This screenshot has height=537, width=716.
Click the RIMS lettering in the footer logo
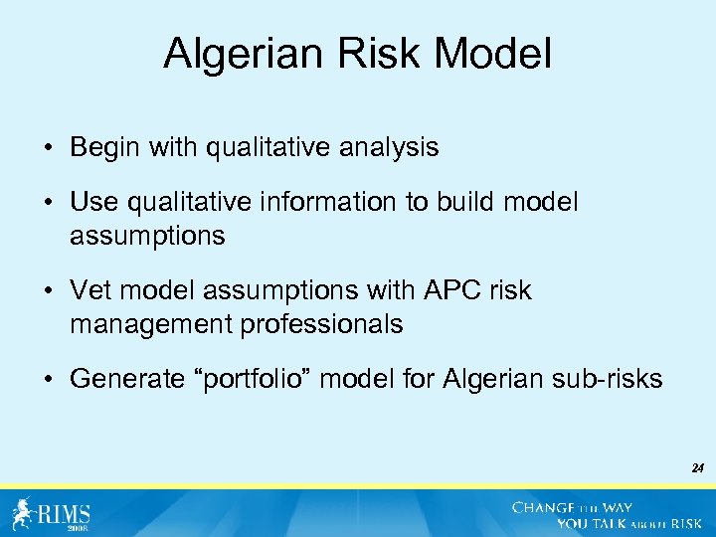pyautogui.click(x=64, y=513)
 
